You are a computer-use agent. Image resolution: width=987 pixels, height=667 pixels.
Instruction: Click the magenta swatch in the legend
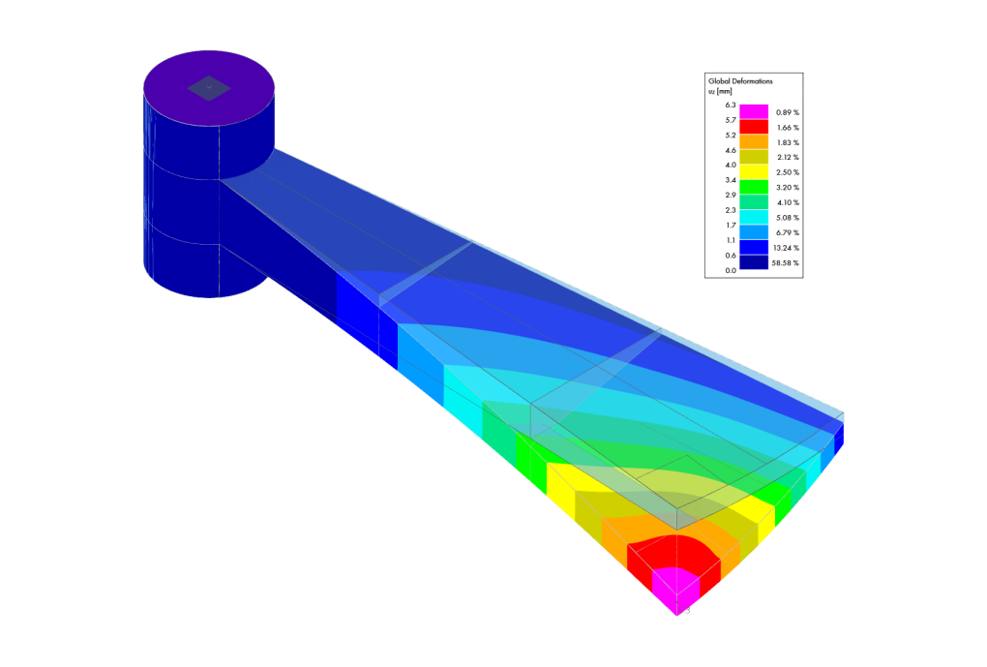754,112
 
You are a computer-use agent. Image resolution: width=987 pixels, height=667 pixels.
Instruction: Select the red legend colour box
754,127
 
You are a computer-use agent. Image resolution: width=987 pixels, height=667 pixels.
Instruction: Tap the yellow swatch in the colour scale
754,172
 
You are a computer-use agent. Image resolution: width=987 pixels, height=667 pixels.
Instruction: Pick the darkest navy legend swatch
754,262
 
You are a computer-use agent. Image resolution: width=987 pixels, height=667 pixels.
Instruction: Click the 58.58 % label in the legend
785,263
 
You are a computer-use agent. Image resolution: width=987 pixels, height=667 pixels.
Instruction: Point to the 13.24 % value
786,248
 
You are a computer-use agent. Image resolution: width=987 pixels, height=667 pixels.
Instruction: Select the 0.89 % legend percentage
788,112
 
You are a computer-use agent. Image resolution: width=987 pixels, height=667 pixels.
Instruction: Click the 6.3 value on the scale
731,106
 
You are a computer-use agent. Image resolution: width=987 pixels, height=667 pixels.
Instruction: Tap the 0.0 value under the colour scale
731,271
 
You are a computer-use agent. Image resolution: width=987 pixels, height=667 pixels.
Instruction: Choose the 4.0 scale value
731,165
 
